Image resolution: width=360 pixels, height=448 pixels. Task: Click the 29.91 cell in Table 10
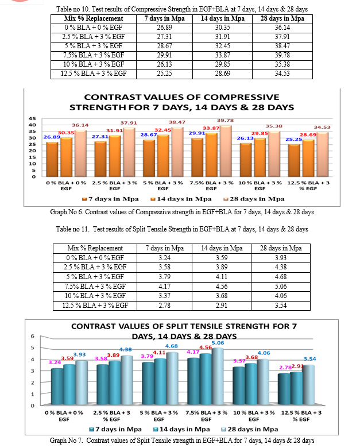point(164,55)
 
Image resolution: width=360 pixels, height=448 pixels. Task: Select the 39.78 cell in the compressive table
point(282,55)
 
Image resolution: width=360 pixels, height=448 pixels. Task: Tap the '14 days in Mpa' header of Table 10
point(223,18)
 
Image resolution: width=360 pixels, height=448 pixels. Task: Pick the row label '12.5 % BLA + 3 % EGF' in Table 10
point(94,74)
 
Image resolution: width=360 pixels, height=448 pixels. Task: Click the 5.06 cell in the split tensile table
point(281,286)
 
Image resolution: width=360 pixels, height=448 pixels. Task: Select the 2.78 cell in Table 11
point(165,306)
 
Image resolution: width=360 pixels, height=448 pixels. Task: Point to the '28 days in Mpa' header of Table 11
point(281,248)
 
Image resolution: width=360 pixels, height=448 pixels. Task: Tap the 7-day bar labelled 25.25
point(294,161)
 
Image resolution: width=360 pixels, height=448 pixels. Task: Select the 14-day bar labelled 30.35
point(66,157)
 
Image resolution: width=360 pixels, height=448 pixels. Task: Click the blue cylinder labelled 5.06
point(218,376)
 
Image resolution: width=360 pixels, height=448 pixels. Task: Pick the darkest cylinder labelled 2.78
point(284,389)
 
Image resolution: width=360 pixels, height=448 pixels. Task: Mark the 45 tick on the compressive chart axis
point(32,118)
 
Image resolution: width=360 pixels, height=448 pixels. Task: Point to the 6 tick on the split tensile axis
point(33,336)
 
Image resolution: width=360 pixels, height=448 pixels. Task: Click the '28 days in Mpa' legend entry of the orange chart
point(254,199)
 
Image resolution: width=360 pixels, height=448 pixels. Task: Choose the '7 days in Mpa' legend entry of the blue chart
point(115,429)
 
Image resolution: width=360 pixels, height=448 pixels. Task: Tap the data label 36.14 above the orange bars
point(80,125)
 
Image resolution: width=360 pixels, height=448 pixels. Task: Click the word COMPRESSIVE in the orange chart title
point(241,97)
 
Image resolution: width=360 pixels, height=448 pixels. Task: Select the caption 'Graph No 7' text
point(66,441)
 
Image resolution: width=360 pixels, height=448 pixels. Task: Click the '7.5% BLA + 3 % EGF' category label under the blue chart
point(206,416)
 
